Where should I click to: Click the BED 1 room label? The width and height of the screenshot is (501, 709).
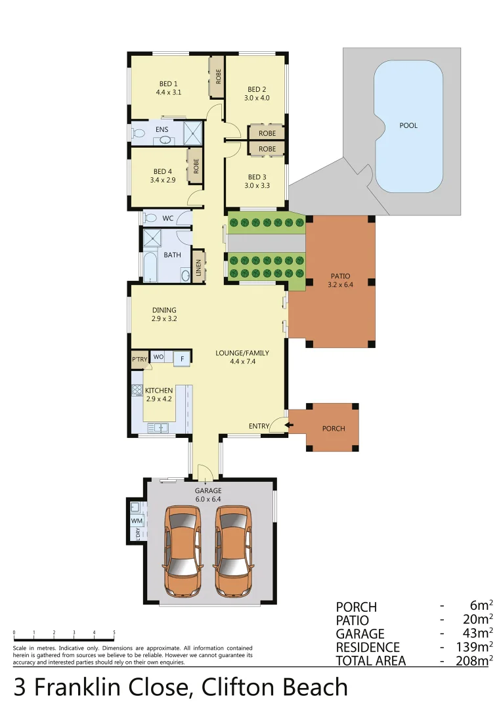pyautogui.click(x=168, y=84)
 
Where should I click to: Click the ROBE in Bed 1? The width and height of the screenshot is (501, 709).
pyautogui.click(x=217, y=75)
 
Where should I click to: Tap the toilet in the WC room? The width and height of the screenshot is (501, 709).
pyautogui.click(x=149, y=218)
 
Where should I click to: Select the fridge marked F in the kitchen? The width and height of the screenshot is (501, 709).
pyautogui.click(x=183, y=358)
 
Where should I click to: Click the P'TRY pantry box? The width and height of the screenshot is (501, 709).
pyautogui.click(x=140, y=359)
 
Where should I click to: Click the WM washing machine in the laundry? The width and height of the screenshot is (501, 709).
pyautogui.click(x=137, y=521)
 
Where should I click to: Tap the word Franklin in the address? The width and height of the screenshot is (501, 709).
pyautogui.click(x=109, y=687)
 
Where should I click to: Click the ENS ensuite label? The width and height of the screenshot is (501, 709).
pyautogui.click(x=162, y=130)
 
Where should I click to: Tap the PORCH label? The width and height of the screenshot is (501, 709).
pyautogui.click(x=333, y=429)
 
